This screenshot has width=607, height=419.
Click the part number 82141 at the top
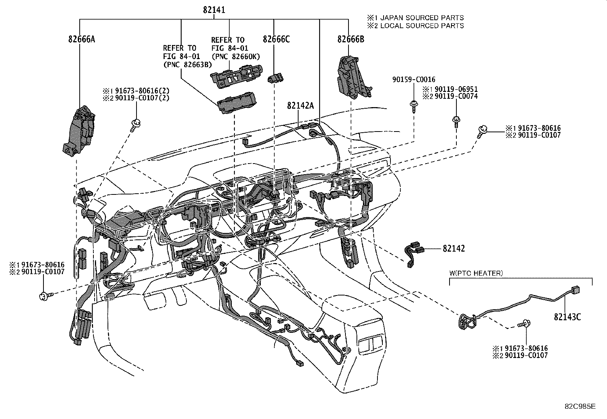(x=214, y=10)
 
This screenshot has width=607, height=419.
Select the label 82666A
(x=82, y=39)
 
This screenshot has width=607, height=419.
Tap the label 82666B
(x=350, y=39)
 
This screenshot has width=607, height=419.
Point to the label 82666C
(x=276, y=39)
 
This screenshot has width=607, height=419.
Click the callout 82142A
(x=300, y=106)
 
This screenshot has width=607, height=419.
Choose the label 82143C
(x=567, y=317)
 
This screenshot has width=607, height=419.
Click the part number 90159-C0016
(x=414, y=80)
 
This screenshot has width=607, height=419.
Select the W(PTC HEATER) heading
(x=476, y=273)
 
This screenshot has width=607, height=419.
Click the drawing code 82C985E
(x=580, y=406)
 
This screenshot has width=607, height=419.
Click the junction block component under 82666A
(x=79, y=132)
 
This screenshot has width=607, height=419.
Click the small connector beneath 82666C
(x=276, y=79)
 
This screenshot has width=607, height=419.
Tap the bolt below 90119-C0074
(x=456, y=122)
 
